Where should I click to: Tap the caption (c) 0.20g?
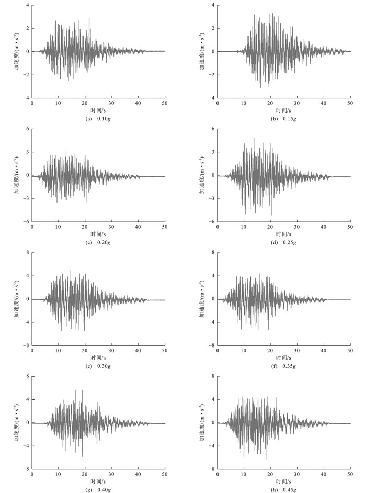(98, 243)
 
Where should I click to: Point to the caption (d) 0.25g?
(283, 243)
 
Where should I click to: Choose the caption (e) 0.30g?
(98, 366)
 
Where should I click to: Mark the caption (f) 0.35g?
(283, 366)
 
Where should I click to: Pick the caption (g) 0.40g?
(98, 489)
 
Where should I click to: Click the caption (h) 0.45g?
(283, 489)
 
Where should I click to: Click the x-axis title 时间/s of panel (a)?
(98, 110)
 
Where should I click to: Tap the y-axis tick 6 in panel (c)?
(27, 129)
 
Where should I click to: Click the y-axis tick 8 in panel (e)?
(27, 252)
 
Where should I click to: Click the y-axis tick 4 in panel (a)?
(27, 5)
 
